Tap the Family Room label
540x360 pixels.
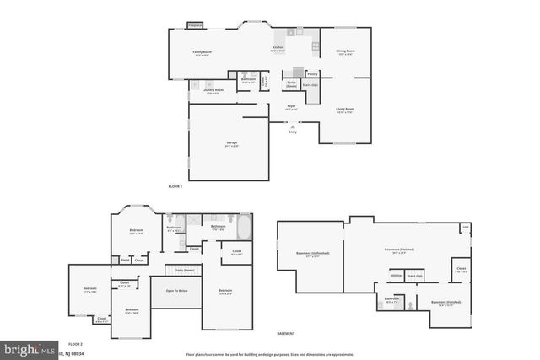coord(201,53)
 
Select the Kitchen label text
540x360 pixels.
coord(278,48)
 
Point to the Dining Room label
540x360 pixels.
coord(345,53)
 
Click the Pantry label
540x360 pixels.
coord(312,74)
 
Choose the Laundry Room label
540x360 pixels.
coord(213,90)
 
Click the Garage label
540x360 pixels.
coord(230,144)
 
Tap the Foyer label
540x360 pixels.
coord(290,106)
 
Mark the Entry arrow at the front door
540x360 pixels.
coord(293,126)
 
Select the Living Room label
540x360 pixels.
coord(345,109)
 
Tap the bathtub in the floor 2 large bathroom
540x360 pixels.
coord(244,228)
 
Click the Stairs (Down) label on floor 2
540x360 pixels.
coord(184,270)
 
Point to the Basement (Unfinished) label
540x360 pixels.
coord(312,253)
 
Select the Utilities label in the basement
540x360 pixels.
coord(396,275)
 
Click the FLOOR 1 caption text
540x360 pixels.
coord(175,185)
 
